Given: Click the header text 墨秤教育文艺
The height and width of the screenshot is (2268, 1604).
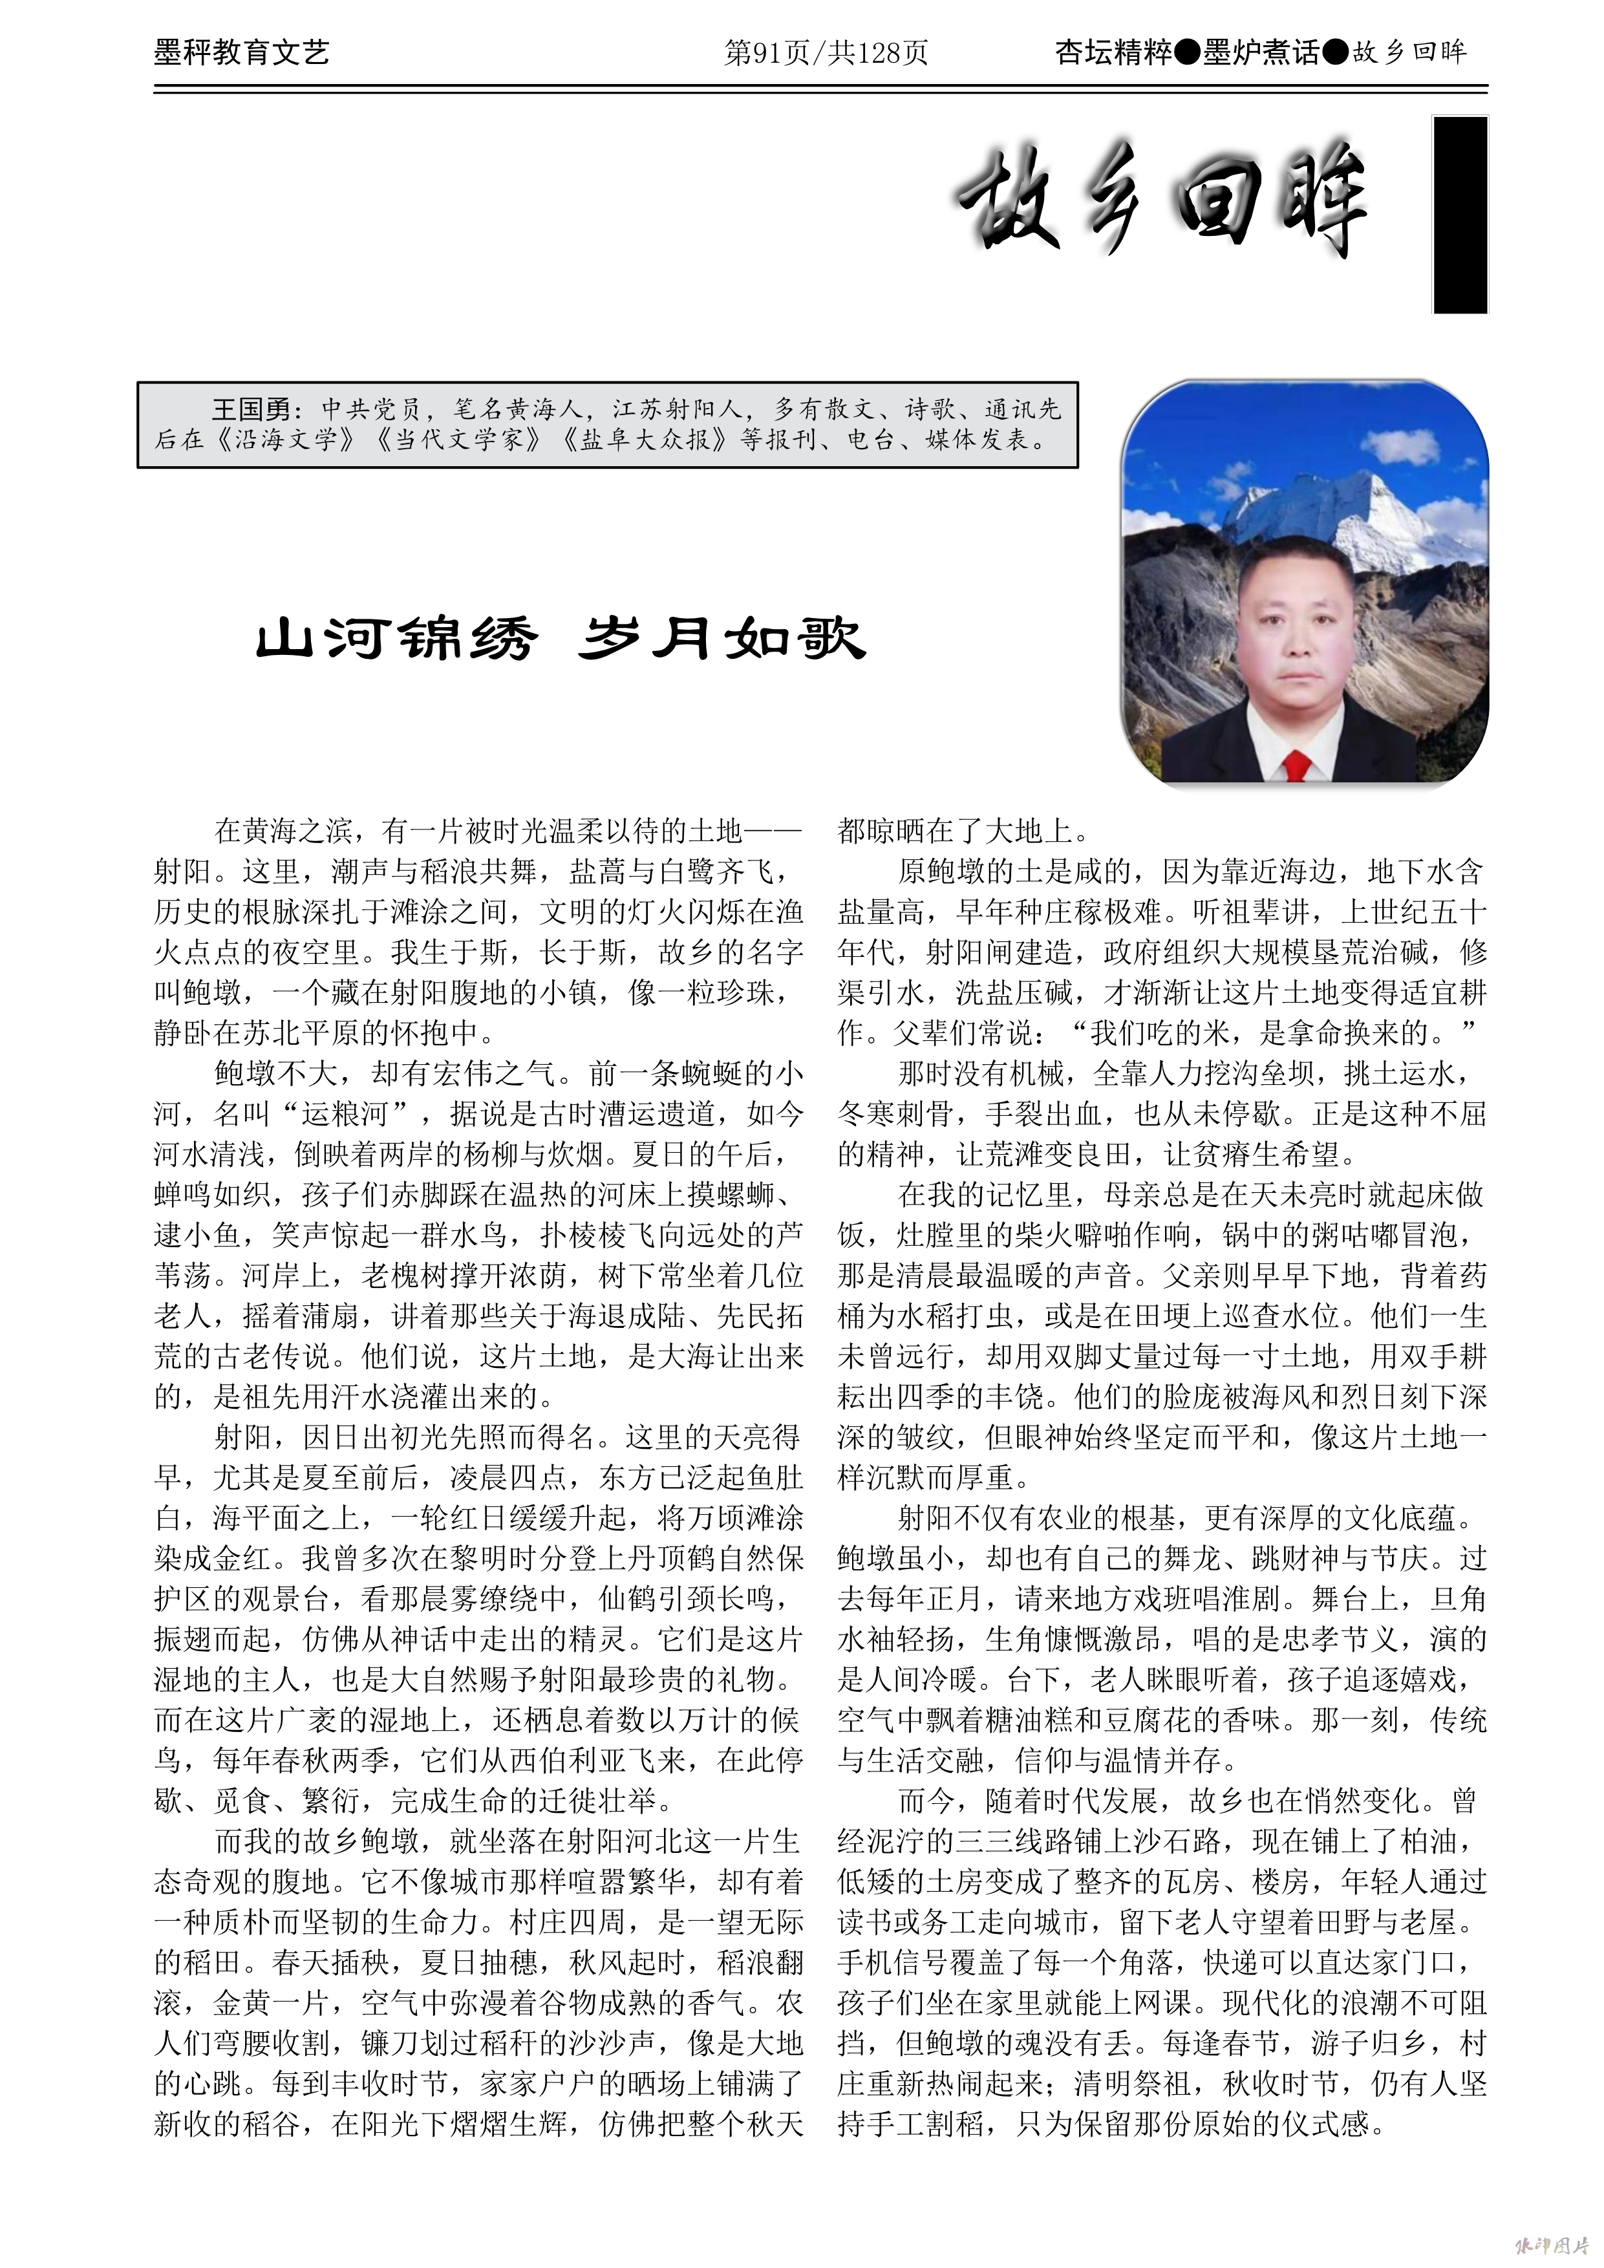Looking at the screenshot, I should tap(241, 52).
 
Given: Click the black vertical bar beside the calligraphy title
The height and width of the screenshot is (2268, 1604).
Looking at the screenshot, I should tap(1460, 215).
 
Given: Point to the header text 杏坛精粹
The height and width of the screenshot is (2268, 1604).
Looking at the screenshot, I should tap(1113, 52).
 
